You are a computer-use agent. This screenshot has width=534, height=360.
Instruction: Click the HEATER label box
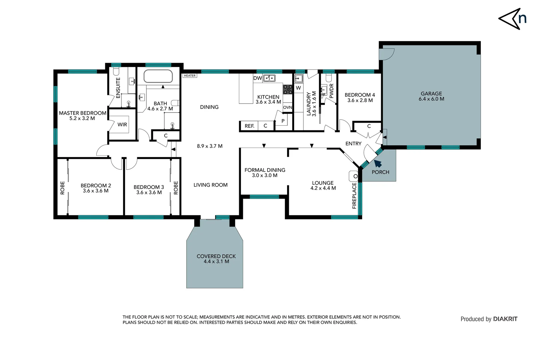click(x=190, y=76)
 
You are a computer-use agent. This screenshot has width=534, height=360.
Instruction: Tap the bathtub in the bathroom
click(x=158, y=76)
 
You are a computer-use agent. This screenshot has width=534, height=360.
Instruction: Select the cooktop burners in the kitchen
click(x=288, y=89)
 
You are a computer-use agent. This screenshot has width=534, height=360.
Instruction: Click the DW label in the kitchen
click(x=258, y=78)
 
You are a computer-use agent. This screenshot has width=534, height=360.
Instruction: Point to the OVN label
click(x=287, y=107)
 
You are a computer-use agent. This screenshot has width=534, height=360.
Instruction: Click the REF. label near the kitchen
click(x=249, y=126)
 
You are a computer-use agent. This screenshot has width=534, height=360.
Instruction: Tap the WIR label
click(x=122, y=125)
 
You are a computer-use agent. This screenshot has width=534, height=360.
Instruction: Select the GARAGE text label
click(x=431, y=94)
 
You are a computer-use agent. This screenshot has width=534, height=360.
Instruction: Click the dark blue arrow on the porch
click(x=377, y=163)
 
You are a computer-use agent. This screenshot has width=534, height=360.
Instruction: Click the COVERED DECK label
click(x=216, y=256)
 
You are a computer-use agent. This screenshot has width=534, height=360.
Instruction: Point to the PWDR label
click(x=331, y=91)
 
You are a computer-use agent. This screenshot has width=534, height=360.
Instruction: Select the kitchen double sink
click(x=269, y=78)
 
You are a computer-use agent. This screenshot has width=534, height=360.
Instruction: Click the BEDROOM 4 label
click(x=359, y=95)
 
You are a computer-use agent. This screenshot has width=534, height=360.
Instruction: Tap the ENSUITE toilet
click(x=116, y=72)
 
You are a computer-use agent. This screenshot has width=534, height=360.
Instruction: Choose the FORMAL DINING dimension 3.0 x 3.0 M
click(x=265, y=175)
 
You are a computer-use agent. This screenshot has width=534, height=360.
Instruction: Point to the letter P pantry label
click(x=283, y=121)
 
